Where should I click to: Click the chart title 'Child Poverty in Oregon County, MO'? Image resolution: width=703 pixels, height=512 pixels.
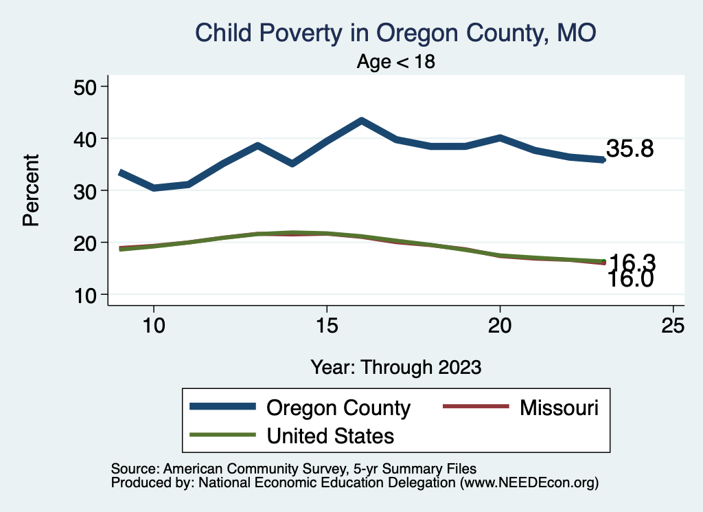395,32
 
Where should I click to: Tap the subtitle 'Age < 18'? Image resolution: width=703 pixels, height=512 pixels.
396,62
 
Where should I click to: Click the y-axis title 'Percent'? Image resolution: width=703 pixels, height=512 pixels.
30,190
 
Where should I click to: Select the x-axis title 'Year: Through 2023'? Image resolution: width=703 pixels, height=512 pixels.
395,366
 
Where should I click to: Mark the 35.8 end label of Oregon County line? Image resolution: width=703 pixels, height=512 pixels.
629,148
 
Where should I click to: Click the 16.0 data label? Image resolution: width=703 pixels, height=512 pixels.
629,279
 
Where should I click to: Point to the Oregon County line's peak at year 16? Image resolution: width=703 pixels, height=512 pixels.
361,121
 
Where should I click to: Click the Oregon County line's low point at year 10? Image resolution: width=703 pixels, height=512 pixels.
154,188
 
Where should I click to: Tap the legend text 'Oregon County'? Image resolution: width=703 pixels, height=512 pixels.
338,408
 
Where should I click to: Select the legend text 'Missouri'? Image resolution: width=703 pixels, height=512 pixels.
560,408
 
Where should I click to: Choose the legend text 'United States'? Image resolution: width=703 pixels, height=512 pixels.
330,435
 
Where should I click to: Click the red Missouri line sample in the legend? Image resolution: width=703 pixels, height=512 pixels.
476,408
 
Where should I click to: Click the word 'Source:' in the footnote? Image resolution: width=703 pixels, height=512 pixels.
133,469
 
